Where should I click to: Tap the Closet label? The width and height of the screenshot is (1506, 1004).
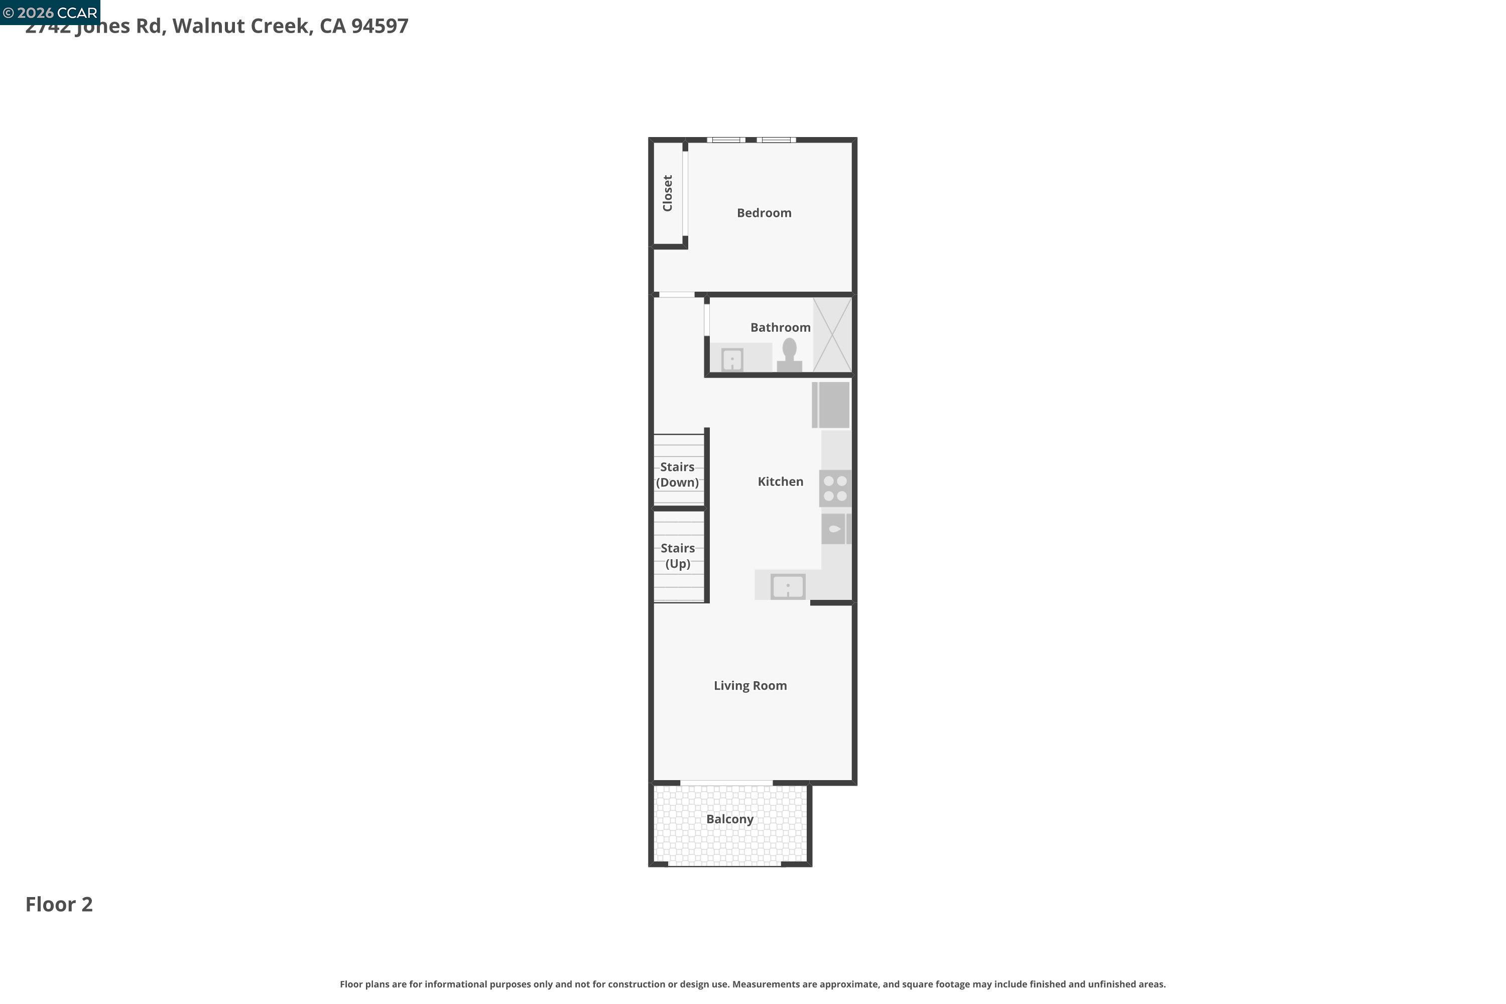click(668, 193)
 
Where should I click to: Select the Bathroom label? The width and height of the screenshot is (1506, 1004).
click(780, 328)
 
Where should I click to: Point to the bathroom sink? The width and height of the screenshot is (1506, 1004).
click(732, 359)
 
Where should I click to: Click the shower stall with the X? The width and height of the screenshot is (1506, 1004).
click(832, 335)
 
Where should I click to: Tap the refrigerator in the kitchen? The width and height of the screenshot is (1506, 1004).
click(832, 405)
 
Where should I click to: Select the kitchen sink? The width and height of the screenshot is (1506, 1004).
click(788, 586)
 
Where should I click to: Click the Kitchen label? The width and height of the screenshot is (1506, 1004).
click(780, 482)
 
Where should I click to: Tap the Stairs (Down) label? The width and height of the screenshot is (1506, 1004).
click(677, 475)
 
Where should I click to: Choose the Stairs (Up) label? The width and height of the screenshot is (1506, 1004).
click(677, 556)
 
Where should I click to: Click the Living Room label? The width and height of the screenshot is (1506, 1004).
click(750, 686)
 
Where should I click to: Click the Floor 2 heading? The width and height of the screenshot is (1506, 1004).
click(59, 905)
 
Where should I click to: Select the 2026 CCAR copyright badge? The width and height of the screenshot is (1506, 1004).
click(50, 12)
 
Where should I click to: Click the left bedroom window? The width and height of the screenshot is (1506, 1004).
click(726, 140)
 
